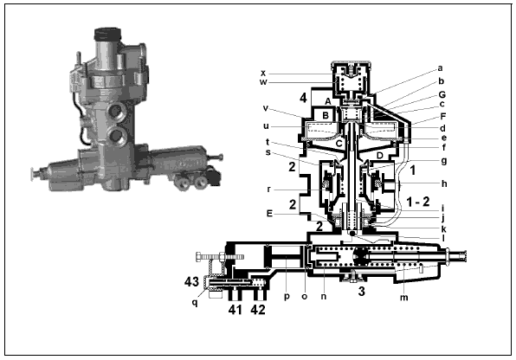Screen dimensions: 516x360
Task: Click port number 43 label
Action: [191, 281]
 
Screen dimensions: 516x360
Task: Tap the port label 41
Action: [235, 310]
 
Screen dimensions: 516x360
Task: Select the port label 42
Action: [258, 310]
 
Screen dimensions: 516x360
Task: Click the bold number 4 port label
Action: [303, 98]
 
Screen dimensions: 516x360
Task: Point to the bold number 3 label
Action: [361, 292]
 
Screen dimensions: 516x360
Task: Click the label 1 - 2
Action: [418, 202]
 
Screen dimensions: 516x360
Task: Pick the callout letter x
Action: [263, 73]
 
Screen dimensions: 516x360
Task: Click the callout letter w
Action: [263, 82]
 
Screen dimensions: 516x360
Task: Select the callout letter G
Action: [442, 95]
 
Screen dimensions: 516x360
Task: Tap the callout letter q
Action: [195, 302]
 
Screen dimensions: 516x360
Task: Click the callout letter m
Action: [403, 298]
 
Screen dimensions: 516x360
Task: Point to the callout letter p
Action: [287, 297]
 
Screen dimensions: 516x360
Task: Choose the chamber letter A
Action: [328, 101]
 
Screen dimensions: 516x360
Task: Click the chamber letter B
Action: [326, 115]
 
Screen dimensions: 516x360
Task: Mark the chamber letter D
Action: [380, 155]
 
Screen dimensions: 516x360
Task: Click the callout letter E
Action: [269, 214]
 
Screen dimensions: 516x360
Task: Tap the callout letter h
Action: [444, 183]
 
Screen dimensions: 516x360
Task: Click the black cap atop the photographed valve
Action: [107, 35]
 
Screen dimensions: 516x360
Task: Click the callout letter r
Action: [269, 190]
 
